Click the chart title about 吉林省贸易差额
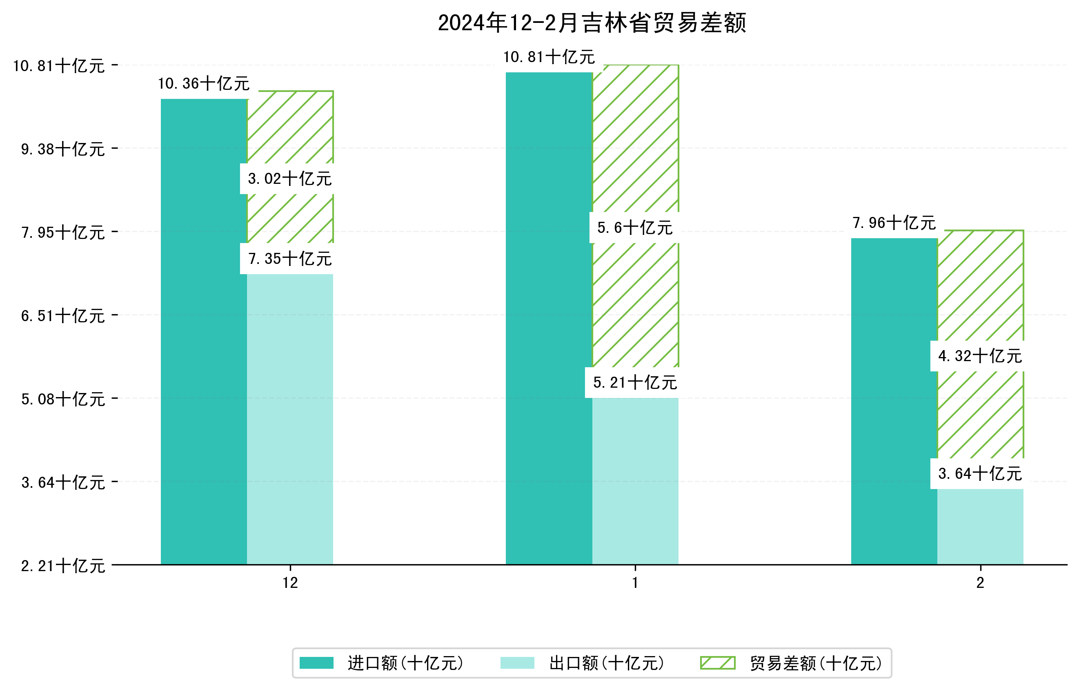tap(592, 23)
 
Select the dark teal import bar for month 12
tap(204, 332)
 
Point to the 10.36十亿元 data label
tap(204, 83)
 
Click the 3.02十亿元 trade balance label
tap(289, 179)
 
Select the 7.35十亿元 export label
tap(289, 259)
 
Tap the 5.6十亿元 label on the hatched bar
tap(634, 228)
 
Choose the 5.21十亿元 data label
tap(634, 382)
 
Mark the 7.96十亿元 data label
tap(894, 223)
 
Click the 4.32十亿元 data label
tap(980, 356)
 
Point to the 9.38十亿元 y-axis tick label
tap(63, 149)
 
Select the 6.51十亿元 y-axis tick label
tap(63, 316)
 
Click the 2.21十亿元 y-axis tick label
tap(63, 566)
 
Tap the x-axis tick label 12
tap(290, 583)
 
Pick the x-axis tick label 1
tap(635, 583)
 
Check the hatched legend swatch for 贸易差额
tap(717, 663)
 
